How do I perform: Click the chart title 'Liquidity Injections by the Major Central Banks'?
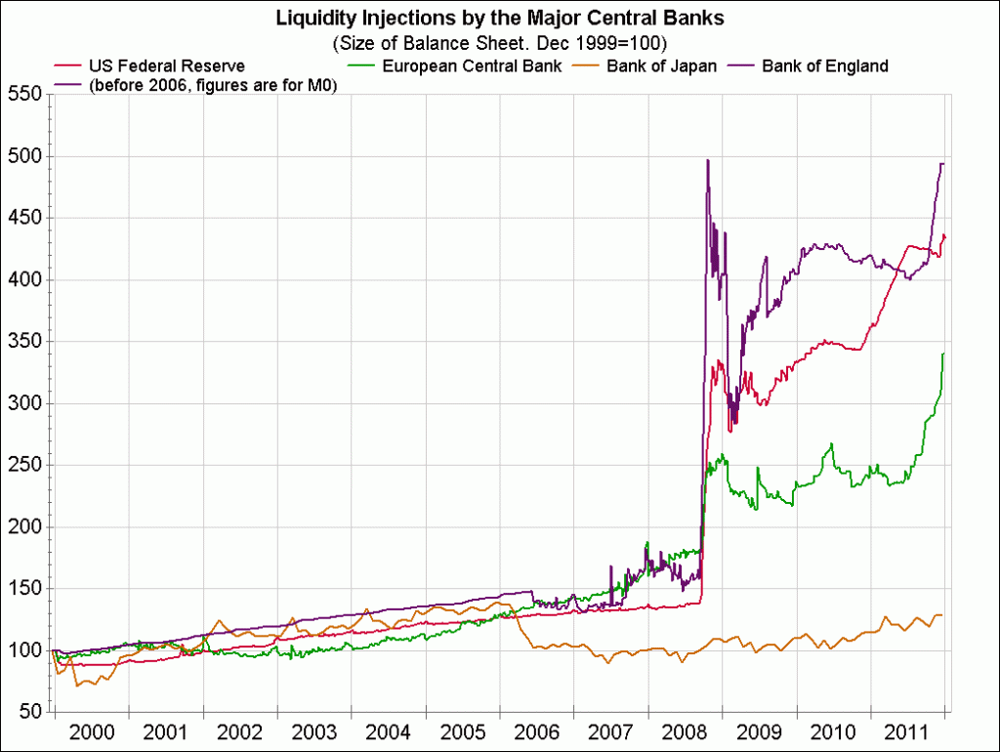(x=499, y=18)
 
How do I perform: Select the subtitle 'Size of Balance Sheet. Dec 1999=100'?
(x=499, y=44)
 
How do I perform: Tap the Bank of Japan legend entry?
(x=661, y=66)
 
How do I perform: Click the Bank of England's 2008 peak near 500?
(x=707, y=159)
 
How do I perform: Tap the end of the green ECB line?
(x=943, y=354)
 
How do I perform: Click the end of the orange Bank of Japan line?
(x=942, y=614)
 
